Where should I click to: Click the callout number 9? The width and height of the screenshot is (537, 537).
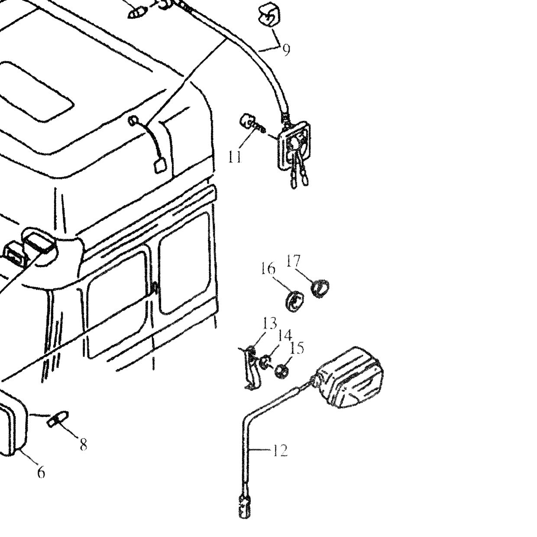coord(286,50)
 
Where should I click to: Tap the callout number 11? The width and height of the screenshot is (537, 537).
coord(235,157)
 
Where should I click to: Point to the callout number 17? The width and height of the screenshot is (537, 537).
coord(294,261)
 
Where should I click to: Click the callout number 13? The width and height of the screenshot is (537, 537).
coord(270,323)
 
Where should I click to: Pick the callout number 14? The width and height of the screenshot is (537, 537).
coord(284,335)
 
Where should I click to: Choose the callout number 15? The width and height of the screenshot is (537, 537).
coord(297,348)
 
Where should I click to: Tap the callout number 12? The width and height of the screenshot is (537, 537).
coord(280,450)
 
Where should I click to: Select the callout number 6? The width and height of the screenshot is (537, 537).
coord(41,472)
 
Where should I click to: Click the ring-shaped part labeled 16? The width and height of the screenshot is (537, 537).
coord(295,301)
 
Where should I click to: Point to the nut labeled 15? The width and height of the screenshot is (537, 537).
coord(281,370)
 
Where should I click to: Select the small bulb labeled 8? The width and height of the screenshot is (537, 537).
coord(58,418)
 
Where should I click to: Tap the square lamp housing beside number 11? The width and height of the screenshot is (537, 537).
coord(294,145)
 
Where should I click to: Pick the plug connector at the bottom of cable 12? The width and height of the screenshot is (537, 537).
coord(244,505)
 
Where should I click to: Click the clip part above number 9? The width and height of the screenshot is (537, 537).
coord(269,14)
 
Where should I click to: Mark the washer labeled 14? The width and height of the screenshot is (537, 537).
coord(265,362)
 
